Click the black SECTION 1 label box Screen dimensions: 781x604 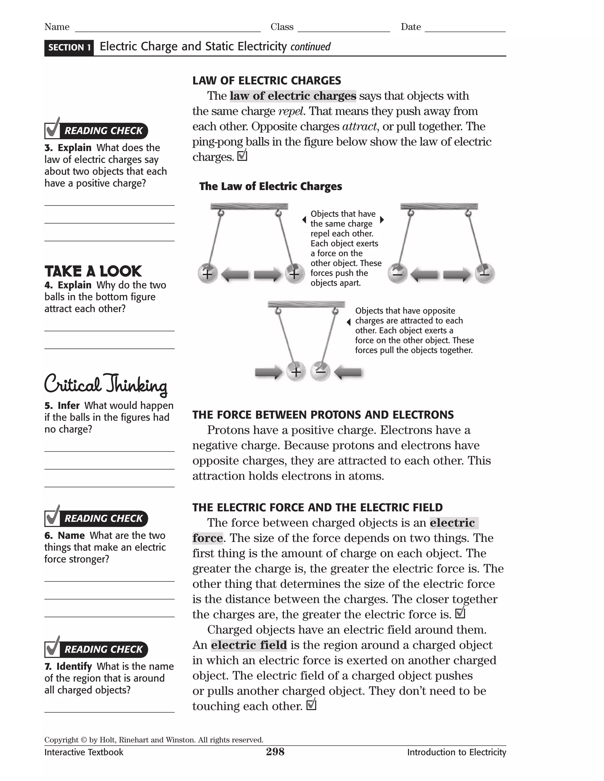69,47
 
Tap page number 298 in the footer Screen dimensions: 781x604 275,752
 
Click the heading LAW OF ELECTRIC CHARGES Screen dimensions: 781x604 267,80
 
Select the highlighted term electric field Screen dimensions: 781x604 249,645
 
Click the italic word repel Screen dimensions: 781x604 291,111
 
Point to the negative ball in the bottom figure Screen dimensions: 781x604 320,372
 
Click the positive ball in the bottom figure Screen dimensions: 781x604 296,372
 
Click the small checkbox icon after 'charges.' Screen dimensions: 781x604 242,156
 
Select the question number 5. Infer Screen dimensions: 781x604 62,406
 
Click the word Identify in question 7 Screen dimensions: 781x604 74,667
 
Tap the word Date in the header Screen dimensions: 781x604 411,27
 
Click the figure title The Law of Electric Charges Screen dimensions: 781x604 270,186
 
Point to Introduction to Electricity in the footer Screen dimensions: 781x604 456,752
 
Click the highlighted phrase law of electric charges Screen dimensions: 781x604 293,96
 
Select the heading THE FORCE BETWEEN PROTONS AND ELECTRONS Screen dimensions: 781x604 323,415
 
